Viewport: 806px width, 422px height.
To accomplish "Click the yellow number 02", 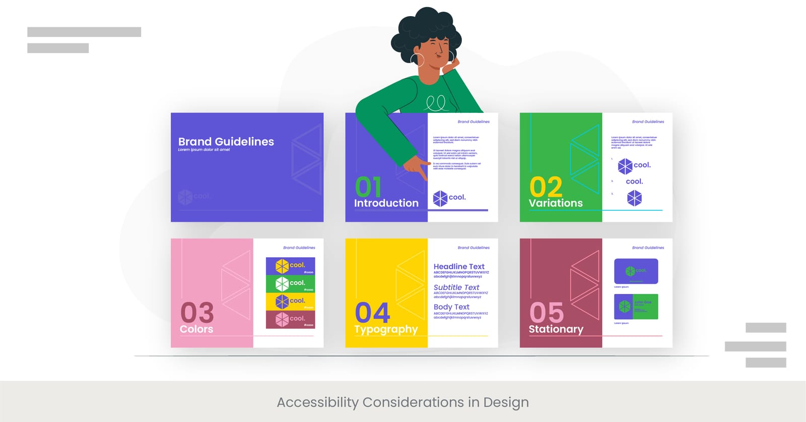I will (x=546, y=187).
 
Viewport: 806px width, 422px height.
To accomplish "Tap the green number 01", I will (x=368, y=187).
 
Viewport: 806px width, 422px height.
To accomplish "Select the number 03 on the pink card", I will (x=197, y=313).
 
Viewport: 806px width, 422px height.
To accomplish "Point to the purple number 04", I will (x=372, y=313).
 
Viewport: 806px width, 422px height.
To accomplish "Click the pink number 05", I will (x=547, y=313).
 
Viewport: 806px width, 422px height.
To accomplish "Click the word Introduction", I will (x=386, y=203).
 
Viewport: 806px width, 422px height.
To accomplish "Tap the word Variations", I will (x=556, y=203).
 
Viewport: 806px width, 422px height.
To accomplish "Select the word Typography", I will (x=386, y=329).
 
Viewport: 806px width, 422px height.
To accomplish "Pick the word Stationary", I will (x=556, y=329).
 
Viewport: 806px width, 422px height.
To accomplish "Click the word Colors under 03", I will (x=196, y=329).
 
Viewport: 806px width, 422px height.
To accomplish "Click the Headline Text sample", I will (x=459, y=267).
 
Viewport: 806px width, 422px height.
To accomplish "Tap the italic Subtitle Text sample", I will (x=456, y=287).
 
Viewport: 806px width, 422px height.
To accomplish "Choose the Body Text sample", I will (x=451, y=307).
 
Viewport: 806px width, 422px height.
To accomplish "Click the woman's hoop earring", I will (x=417, y=59).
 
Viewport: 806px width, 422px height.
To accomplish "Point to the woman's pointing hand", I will (x=416, y=167).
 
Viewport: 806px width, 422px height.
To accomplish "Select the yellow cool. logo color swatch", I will (x=290, y=301).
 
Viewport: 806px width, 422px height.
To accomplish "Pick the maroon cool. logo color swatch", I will (x=290, y=319).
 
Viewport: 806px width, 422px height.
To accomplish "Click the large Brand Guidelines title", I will (x=226, y=142).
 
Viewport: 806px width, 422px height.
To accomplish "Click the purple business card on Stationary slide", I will (x=636, y=271).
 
